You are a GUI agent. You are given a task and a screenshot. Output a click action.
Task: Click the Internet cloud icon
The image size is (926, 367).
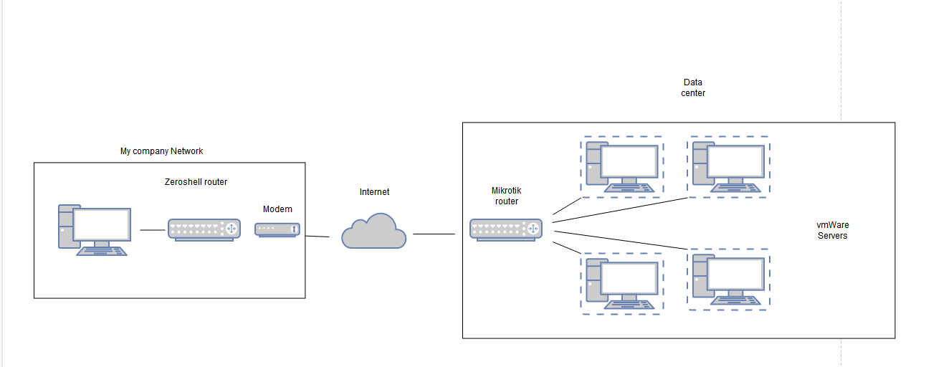coord(373,231)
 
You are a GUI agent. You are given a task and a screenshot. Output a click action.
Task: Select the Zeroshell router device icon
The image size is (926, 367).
coord(204,230)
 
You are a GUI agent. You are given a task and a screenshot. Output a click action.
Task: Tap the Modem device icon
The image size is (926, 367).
coord(277,229)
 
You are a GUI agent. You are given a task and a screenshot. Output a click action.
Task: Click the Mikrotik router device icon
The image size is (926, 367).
coord(506,230)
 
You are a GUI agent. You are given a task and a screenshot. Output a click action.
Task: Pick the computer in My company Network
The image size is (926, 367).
coord(95,230)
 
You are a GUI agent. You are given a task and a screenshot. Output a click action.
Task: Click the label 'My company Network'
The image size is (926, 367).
coord(162,151)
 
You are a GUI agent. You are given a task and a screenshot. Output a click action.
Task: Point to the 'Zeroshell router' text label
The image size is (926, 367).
coord(196,182)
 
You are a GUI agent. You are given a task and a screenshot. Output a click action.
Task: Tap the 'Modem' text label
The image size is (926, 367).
coord(277,209)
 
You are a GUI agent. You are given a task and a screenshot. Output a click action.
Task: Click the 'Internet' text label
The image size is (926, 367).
coord(374,192)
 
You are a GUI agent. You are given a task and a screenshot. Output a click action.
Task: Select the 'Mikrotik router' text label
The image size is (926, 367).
coord(507,196)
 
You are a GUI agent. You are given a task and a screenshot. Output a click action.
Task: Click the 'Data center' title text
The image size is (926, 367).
coord(693,87)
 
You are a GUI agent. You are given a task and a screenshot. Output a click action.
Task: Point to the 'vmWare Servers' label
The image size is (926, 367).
coord(833,230)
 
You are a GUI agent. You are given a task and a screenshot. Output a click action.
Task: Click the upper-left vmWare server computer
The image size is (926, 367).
coord(622,167)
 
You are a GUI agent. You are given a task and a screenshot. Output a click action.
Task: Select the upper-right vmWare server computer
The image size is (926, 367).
coord(729,167)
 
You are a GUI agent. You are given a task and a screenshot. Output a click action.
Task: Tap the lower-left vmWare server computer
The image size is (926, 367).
coord(622,284)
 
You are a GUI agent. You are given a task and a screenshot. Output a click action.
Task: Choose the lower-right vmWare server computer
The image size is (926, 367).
coord(729,280)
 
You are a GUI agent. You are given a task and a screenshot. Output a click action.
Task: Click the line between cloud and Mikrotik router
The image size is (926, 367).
coord(434,234)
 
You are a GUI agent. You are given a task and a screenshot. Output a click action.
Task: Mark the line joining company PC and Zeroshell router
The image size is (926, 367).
coord(153,230)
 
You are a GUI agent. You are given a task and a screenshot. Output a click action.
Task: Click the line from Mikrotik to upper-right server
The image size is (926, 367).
coord(620,210)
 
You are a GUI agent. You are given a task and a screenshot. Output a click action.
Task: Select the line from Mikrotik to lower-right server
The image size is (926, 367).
coord(621,241)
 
